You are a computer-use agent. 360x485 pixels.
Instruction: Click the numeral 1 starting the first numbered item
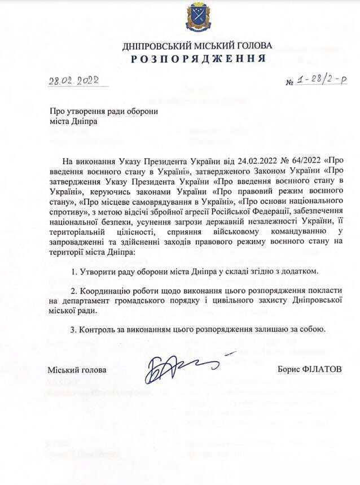74,272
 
